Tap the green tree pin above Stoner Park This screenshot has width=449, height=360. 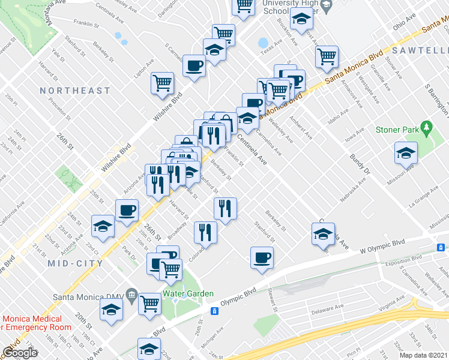pos(426,128)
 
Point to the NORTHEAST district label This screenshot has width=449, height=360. pos(75,91)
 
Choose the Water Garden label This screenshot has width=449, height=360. pos(188,293)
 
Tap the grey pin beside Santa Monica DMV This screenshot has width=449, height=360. pos(131,297)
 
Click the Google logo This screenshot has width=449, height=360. pos(20,353)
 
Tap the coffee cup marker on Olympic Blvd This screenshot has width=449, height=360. pos(262,257)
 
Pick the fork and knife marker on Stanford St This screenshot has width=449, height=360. pos(225,209)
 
